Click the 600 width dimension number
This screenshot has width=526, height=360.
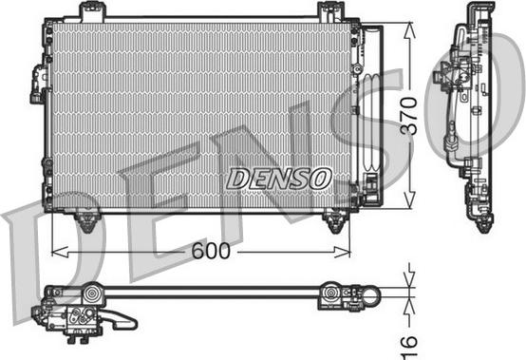[211, 251]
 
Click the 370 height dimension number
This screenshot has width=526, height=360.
[409, 116]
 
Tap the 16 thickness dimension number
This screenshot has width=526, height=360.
[409, 348]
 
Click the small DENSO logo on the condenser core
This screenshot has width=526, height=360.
[279, 179]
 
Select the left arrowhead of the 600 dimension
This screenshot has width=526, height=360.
[60, 252]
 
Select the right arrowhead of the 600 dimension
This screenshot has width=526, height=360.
[342, 252]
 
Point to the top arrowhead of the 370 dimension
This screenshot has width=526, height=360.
[409, 30]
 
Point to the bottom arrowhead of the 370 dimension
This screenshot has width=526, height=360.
[409, 200]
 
